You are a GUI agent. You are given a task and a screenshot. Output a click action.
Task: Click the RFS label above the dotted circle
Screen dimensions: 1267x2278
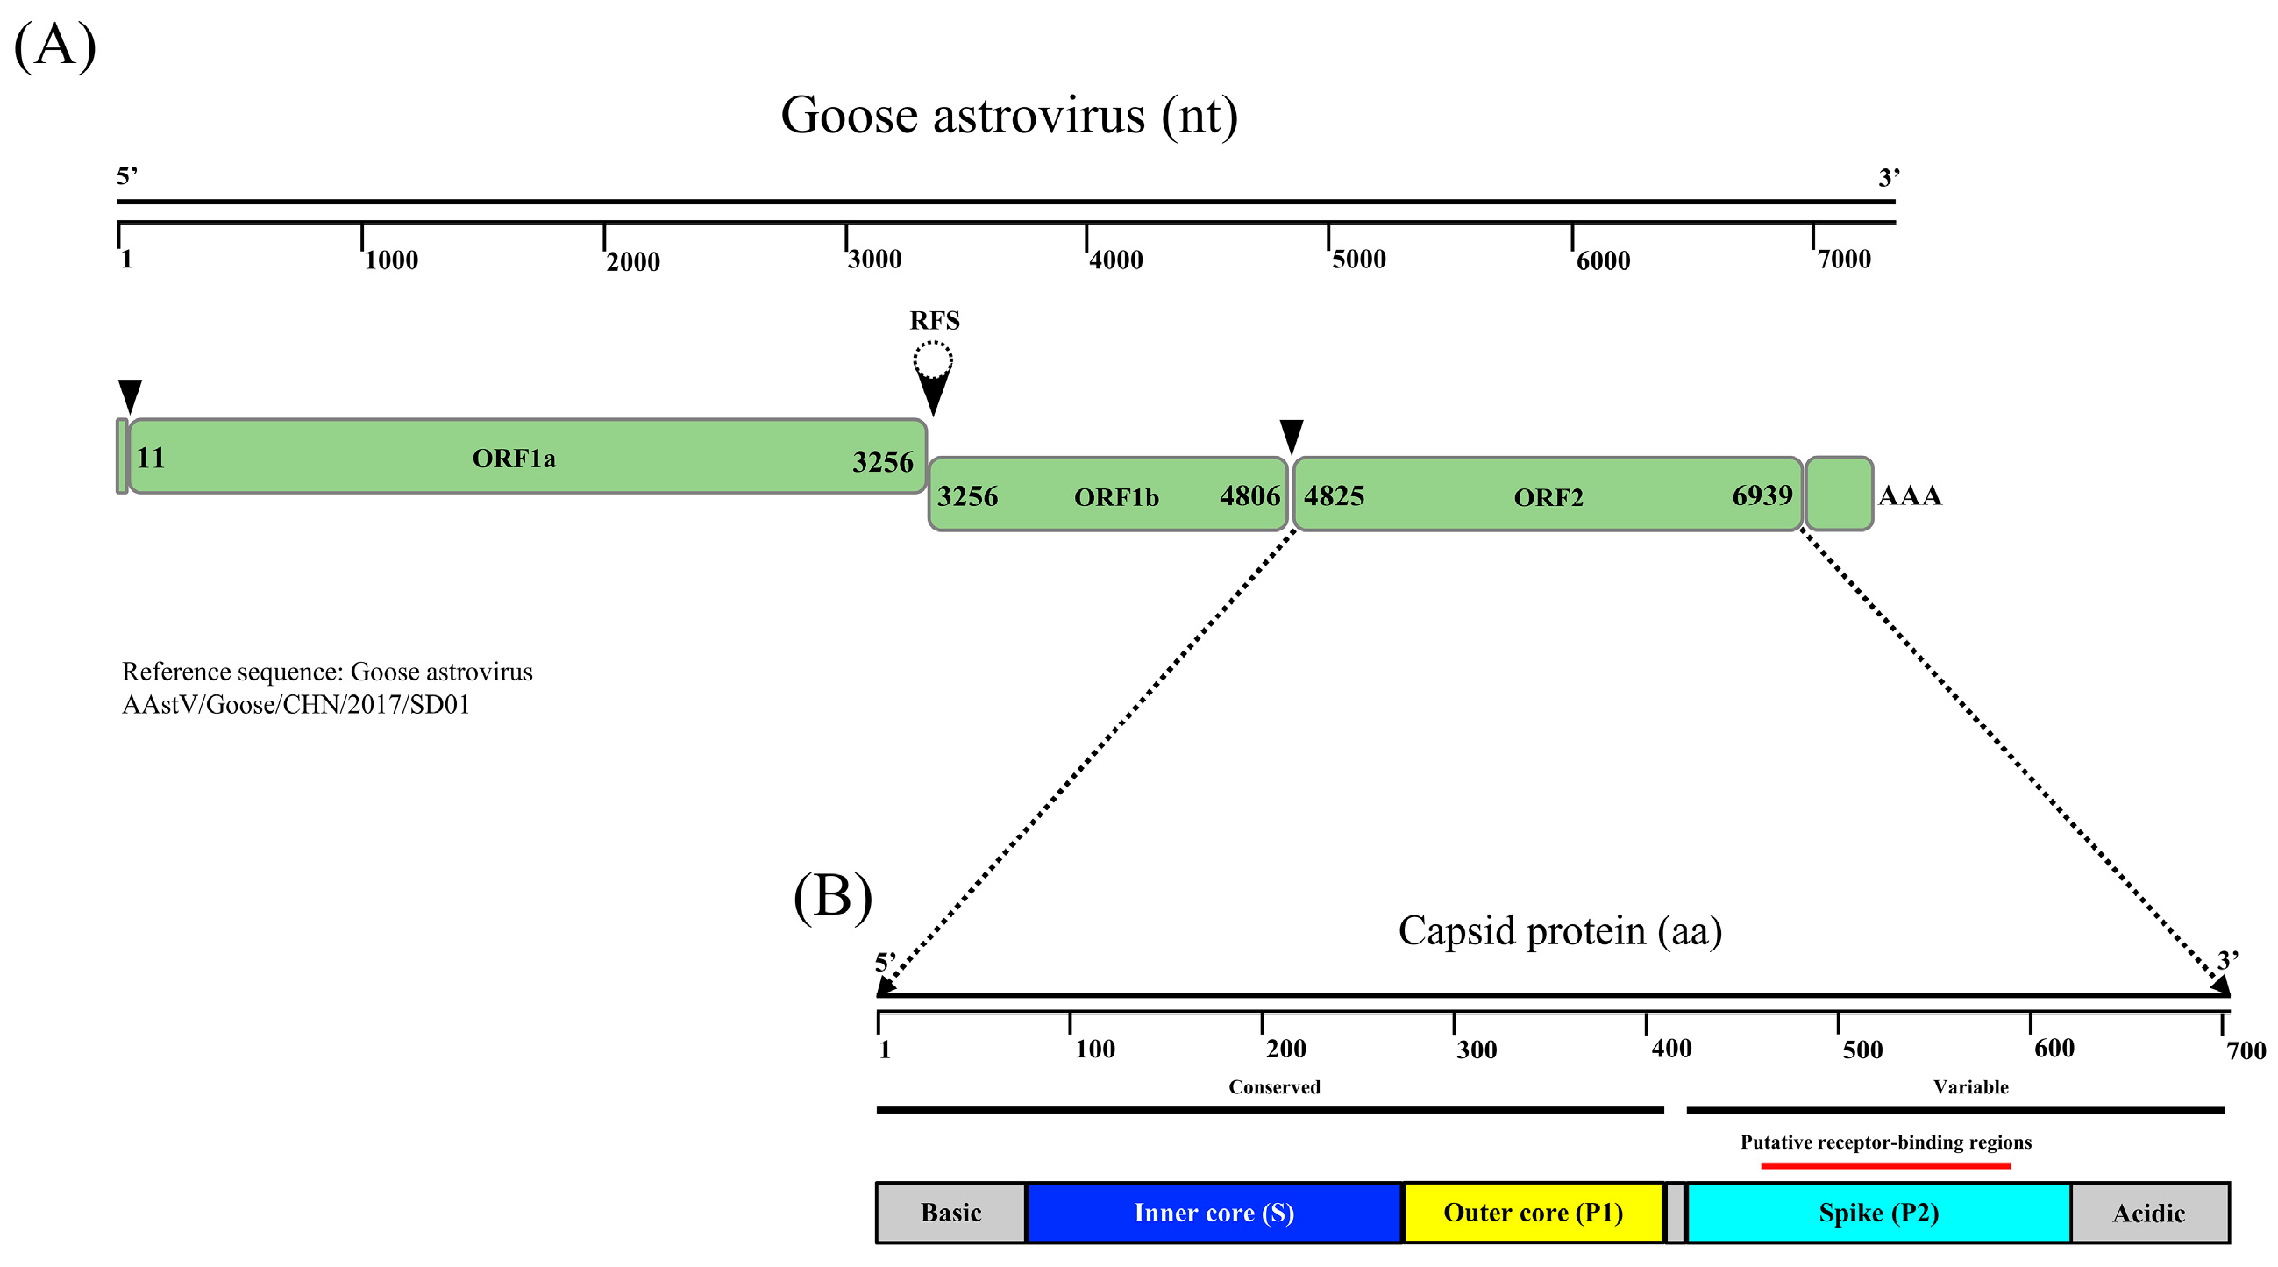pyautogui.click(x=934, y=320)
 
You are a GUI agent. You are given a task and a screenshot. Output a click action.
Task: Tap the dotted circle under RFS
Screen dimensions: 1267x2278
pyautogui.click(x=932, y=359)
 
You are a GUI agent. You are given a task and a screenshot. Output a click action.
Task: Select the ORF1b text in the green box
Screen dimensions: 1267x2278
pyautogui.click(x=1116, y=497)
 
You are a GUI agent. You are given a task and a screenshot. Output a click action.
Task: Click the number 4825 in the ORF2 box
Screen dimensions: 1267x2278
pyautogui.click(x=1334, y=495)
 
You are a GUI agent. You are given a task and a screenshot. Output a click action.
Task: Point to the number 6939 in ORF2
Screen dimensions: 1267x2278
pyautogui.click(x=1762, y=495)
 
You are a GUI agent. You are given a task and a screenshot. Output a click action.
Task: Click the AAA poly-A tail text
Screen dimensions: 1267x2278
pyautogui.click(x=1909, y=495)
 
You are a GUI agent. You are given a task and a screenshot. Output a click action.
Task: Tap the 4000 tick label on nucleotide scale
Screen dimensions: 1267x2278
pyautogui.click(x=1115, y=260)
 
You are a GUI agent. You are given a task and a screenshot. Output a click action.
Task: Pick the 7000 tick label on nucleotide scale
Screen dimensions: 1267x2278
pyautogui.click(x=1844, y=259)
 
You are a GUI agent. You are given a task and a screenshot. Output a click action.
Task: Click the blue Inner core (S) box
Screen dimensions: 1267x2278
pyautogui.click(x=1214, y=1212)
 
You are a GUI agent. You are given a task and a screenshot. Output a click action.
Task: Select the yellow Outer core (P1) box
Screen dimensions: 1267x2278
pyautogui.click(x=1533, y=1212)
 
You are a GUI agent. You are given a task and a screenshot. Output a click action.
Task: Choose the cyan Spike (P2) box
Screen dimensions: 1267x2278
pyautogui.click(x=1878, y=1212)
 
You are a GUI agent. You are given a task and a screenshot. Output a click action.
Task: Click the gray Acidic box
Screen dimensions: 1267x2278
pyautogui.click(x=2148, y=1213)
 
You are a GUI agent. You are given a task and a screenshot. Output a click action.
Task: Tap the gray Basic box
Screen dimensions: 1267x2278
pyautogui.click(x=950, y=1212)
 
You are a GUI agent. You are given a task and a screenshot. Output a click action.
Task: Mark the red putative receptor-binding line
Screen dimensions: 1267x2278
pyautogui.click(x=1885, y=1165)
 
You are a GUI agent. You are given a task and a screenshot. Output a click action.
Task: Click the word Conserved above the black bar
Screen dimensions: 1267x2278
pyautogui.click(x=1273, y=1086)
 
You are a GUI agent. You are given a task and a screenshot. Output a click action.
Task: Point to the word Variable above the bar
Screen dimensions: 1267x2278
pyautogui.click(x=1970, y=1086)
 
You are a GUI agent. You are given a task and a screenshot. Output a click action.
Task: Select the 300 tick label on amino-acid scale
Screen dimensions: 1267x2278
pyautogui.click(x=1476, y=1050)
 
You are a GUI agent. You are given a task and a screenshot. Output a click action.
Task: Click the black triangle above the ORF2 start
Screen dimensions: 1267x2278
pyautogui.click(x=1291, y=435)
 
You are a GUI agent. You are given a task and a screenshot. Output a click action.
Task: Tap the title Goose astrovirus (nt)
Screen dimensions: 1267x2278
pyautogui.click(x=1008, y=116)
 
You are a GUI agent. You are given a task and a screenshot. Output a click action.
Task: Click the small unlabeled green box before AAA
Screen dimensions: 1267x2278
pyautogui.click(x=1839, y=494)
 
